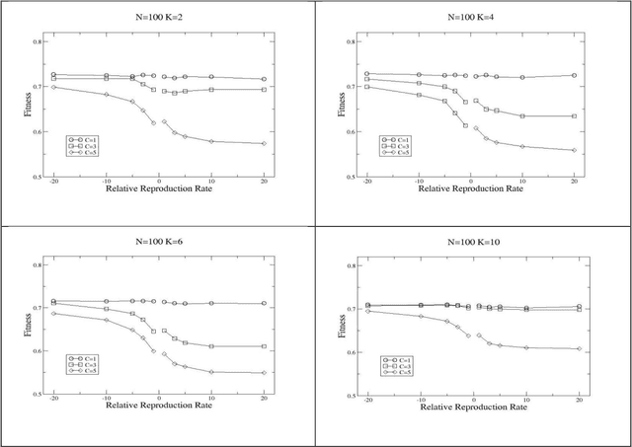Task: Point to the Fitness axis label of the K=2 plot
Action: coord(27,111)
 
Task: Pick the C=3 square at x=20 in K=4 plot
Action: coord(578,115)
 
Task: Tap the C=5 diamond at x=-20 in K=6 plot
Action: coord(53,314)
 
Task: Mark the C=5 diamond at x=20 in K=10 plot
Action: coord(578,348)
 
